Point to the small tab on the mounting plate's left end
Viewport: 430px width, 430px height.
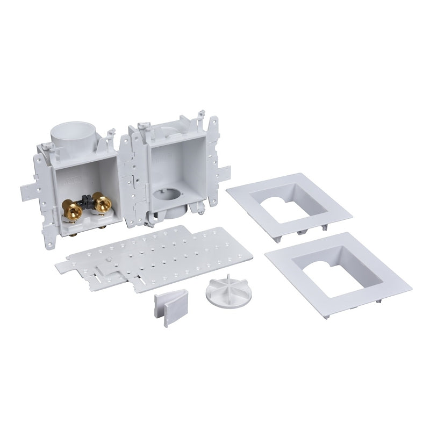(x=60, y=264)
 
